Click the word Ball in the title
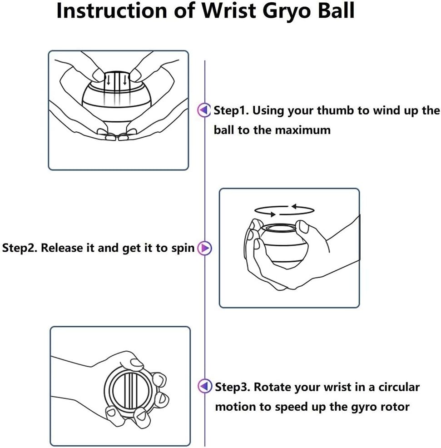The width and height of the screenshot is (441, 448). pyautogui.click(x=332, y=11)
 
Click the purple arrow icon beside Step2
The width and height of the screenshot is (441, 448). pyautogui.click(x=205, y=248)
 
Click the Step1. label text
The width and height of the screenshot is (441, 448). pyautogui.click(x=231, y=110)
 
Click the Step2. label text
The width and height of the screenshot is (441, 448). pyautogui.click(x=20, y=249)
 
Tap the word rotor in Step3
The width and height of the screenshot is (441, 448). pyautogui.click(x=395, y=407)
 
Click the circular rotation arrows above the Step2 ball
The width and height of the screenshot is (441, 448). pyautogui.click(x=284, y=209)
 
